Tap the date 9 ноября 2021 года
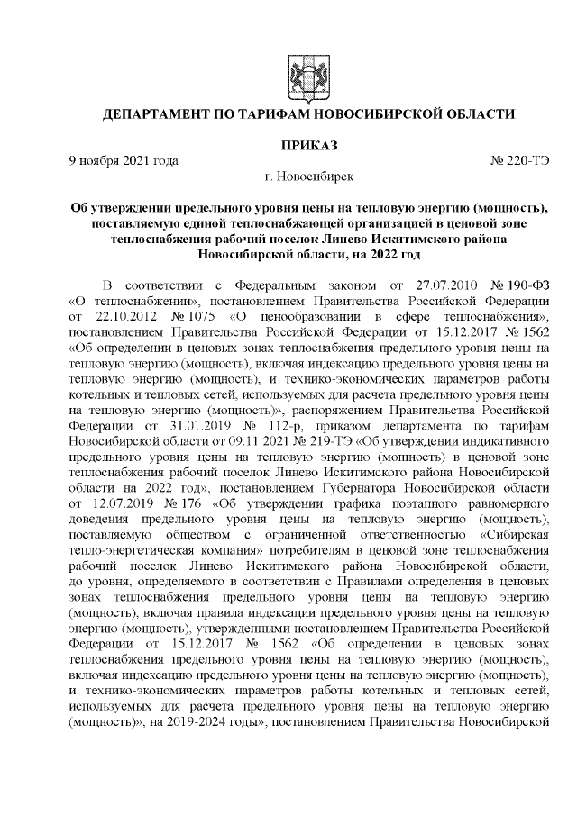(124, 160)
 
